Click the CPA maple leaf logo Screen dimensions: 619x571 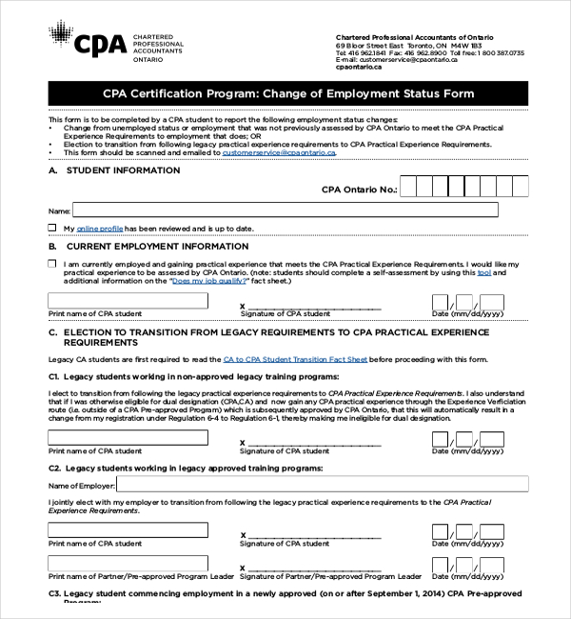[60, 38]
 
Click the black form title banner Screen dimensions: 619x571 [287, 94]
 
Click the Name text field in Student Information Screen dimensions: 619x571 [285, 210]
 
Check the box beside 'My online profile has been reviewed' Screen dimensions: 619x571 [52, 229]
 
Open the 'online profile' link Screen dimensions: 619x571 [100, 229]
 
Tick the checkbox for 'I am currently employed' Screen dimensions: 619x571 [52, 264]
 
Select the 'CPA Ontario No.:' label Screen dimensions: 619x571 [360, 190]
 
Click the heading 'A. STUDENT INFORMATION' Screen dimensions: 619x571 [114, 170]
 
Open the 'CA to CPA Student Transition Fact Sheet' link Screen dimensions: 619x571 [295, 359]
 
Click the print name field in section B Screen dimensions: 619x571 [128, 301]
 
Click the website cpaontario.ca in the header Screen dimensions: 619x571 [359, 68]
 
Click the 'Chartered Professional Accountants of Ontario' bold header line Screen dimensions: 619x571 [409, 36]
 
